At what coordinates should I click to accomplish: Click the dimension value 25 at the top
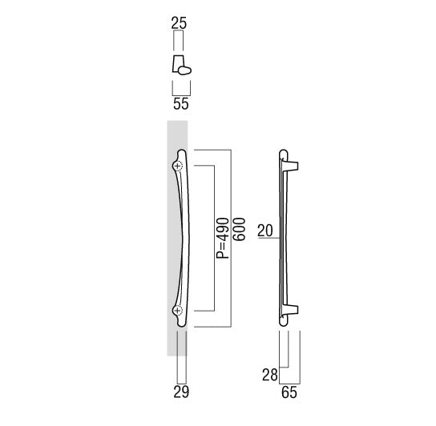[179, 23]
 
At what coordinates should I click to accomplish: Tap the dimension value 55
[181, 103]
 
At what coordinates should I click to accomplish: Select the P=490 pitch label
[223, 239]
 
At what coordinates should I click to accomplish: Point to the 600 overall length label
[239, 229]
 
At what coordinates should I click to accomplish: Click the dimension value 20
[265, 231]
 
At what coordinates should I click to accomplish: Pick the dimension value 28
[270, 375]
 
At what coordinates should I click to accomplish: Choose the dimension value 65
[289, 392]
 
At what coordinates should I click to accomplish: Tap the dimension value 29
[181, 392]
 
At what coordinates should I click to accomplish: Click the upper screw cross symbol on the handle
[178, 166]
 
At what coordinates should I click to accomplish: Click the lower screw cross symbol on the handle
[178, 311]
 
